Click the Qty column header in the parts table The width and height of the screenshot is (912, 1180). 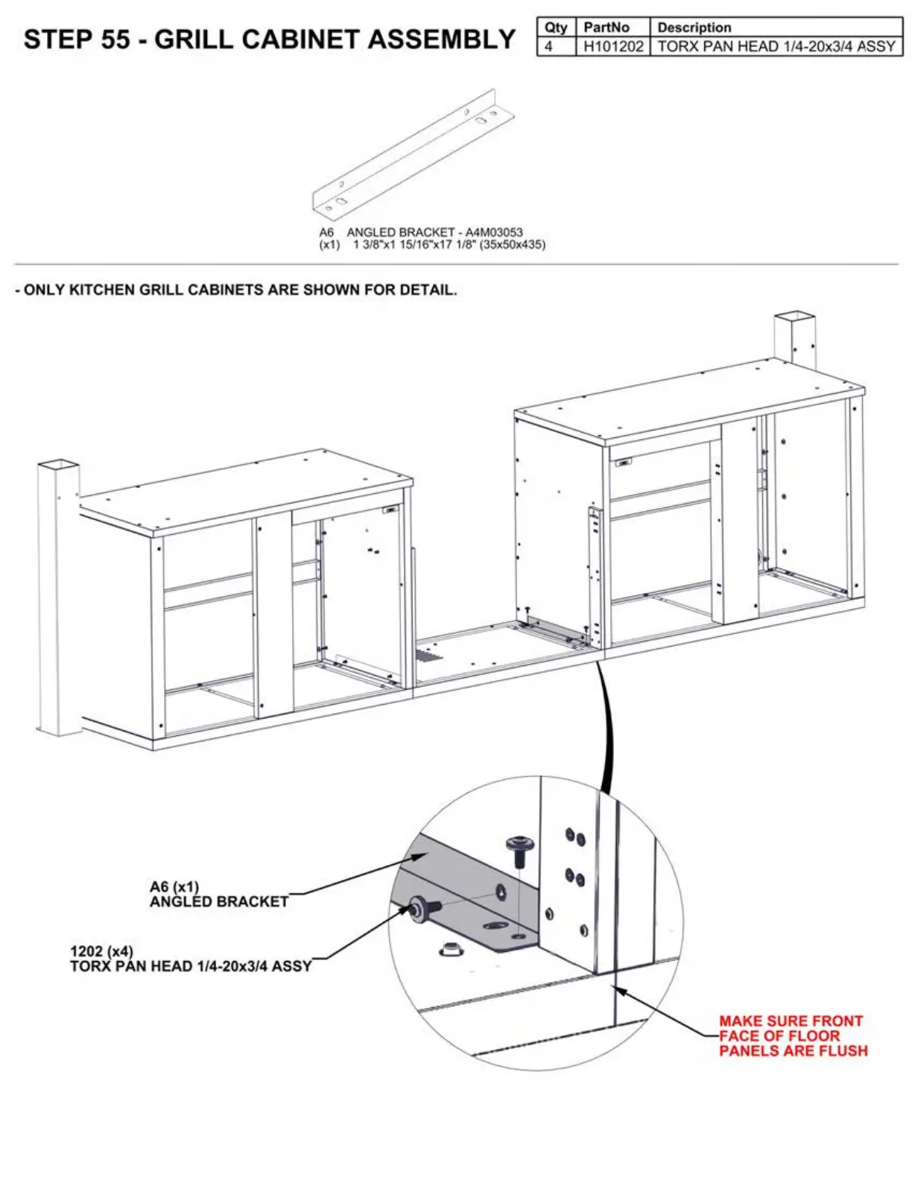[556, 28]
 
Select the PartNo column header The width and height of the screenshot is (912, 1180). [606, 28]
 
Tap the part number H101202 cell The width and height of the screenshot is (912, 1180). [612, 46]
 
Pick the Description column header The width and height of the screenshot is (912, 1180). [694, 28]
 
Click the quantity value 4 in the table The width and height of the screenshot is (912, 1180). [549, 46]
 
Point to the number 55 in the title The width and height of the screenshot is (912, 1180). [115, 39]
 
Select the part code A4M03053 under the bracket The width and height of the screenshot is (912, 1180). [494, 232]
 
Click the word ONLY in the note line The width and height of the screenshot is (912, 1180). [45, 290]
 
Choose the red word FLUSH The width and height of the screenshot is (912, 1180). [840, 1051]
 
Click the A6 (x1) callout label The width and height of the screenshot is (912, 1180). [174, 887]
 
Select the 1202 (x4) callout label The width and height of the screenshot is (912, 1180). [101, 951]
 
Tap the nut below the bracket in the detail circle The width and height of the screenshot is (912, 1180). [449, 949]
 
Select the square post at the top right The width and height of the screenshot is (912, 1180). [794, 339]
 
